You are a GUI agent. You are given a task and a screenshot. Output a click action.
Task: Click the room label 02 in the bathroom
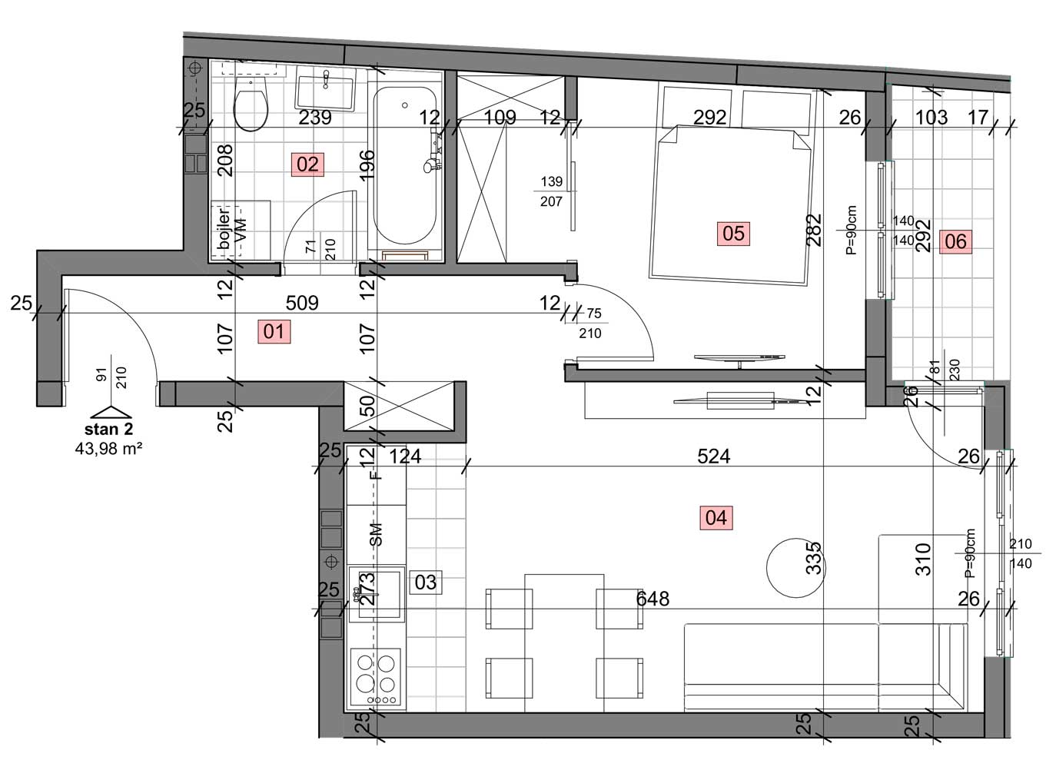pyautogui.click(x=307, y=164)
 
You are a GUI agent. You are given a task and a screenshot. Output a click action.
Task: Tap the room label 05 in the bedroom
pyautogui.click(x=733, y=234)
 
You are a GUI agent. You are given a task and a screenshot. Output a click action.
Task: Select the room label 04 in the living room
pyautogui.click(x=716, y=518)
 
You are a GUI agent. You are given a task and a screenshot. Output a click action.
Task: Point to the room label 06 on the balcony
pyautogui.click(x=955, y=241)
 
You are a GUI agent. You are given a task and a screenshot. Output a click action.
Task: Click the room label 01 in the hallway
pyautogui.click(x=274, y=331)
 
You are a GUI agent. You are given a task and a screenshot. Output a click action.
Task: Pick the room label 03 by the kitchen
pyautogui.click(x=426, y=582)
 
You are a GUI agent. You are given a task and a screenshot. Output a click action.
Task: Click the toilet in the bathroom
pyautogui.click(x=251, y=104)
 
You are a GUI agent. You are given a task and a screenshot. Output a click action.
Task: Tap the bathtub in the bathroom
pyautogui.click(x=405, y=165)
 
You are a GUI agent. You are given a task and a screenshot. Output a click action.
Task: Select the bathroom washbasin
pyautogui.click(x=325, y=90)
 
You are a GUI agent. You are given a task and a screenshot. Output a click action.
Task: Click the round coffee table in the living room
pyautogui.click(x=795, y=568)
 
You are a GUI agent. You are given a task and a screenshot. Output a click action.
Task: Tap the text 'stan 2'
pyautogui.click(x=108, y=429)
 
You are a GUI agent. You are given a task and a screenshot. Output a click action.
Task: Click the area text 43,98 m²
pyautogui.click(x=108, y=450)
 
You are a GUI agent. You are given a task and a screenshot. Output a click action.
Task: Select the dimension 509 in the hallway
pyautogui.click(x=302, y=304)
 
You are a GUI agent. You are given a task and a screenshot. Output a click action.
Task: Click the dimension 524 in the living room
pyautogui.click(x=713, y=456)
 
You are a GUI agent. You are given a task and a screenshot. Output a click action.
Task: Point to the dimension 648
pyautogui.click(x=653, y=599)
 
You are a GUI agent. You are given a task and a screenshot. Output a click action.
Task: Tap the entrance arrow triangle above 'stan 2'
pyautogui.click(x=111, y=412)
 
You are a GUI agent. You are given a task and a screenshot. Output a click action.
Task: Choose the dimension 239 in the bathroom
pyautogui.click(x=315, y=118)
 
